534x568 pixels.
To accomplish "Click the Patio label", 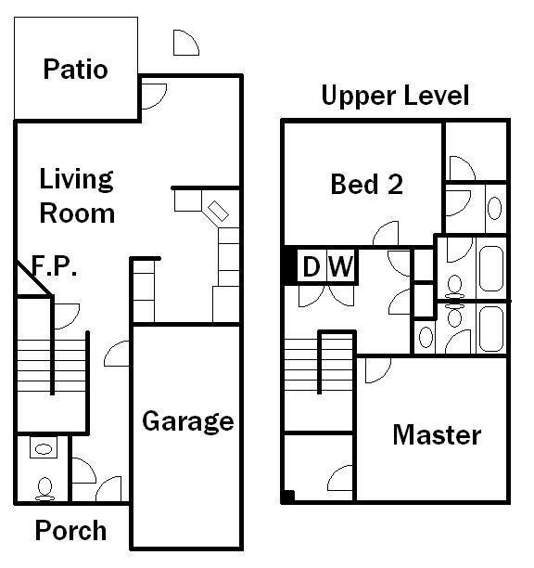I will tap(75, 70).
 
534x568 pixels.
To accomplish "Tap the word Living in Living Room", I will tap(76, 178).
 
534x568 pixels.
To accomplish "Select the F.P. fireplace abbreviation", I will tap(54, 267).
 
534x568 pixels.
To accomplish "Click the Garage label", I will tap(187, 421).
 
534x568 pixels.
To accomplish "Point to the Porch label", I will tap(70, 531).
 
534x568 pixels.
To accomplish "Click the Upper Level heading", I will tap(395, 96).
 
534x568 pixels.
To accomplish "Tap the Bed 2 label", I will tap(366, 184).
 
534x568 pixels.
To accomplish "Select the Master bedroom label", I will tap(436, 434).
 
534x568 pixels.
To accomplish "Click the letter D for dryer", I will tap(311, 267).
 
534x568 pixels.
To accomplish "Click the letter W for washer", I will tap(340, 267).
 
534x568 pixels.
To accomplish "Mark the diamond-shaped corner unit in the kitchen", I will tap(219, 211).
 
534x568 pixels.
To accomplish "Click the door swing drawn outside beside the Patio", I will tap(185, 43).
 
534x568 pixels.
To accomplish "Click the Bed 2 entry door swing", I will tap(387, 235).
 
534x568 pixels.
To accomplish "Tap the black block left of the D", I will tap(289, 265).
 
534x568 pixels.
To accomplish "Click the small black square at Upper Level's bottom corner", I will tap(288, 497).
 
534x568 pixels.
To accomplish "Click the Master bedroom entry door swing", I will tap(376, 369).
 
